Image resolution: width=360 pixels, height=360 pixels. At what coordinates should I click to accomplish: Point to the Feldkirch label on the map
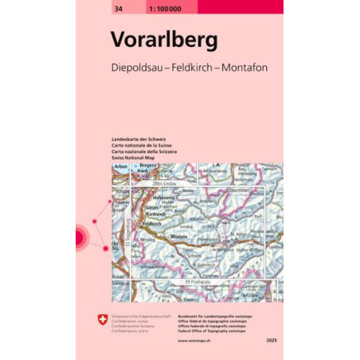[x=151, y=225]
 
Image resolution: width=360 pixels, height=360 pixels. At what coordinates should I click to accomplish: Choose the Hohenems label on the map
[x=154, y=197]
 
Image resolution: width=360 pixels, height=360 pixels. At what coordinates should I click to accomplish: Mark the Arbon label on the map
[x=122, y=166]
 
